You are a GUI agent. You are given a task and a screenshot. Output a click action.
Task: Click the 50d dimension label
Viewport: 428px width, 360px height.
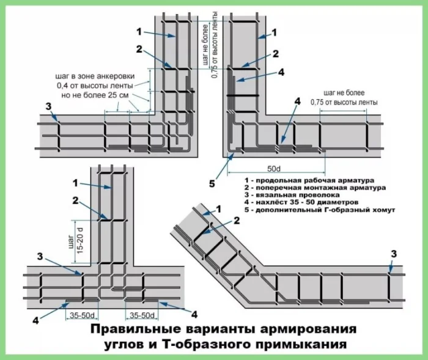point(275,168)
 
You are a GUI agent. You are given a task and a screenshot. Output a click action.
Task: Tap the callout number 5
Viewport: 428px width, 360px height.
point(212,182)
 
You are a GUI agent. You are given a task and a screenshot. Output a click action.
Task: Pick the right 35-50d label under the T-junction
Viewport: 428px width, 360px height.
point(141,315)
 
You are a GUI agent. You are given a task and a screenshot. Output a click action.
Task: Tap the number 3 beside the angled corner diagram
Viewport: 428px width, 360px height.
point(393,254)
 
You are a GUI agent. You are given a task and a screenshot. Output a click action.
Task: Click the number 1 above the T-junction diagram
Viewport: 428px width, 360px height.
point(76,182)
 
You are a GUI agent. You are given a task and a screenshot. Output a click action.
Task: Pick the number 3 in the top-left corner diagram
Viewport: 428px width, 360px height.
point(48,107)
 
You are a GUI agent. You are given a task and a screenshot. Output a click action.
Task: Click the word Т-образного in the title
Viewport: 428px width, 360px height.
point(197,346)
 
